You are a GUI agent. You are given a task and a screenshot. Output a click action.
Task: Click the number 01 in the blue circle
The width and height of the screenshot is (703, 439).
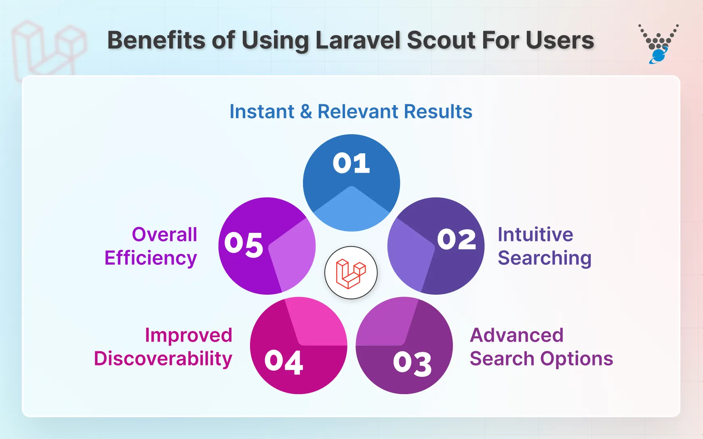351,163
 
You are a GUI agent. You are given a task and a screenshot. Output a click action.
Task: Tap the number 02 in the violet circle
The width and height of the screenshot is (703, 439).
457,239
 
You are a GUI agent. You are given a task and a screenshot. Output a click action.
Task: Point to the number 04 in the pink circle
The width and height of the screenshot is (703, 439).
284,362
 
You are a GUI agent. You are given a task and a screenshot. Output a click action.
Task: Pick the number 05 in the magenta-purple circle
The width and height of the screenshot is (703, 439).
244,244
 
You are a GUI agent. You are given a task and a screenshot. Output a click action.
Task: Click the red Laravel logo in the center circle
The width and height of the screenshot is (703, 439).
351,273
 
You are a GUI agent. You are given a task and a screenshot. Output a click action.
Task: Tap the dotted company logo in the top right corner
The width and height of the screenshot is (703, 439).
659,44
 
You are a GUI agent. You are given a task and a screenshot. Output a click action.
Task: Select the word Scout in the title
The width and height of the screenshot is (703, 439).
441,40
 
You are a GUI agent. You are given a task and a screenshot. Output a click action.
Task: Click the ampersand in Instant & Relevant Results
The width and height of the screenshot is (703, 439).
306,112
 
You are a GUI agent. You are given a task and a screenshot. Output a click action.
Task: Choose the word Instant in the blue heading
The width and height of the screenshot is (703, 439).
262,112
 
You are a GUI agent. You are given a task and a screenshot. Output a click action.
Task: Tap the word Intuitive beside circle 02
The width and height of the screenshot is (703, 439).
535,234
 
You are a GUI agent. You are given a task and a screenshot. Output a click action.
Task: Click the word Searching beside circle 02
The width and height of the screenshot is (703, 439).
544,258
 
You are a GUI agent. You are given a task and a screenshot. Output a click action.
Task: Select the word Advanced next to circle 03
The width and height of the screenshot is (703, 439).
516,335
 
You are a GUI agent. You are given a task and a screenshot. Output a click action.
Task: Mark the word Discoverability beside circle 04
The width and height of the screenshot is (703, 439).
163,359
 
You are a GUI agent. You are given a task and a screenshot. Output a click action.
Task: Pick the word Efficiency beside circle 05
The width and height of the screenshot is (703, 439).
151,258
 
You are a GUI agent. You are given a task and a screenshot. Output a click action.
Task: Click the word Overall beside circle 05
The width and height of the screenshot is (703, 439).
164,234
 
